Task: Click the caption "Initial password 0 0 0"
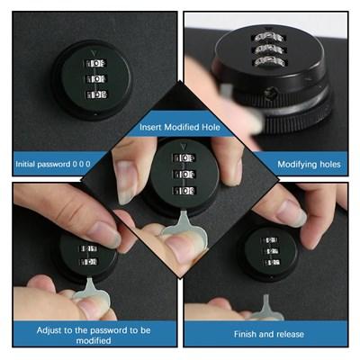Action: tap(53, 164)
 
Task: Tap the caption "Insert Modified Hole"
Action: tap(180, 127)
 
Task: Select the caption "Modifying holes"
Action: tap(309, 165)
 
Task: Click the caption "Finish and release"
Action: tap(269, 334)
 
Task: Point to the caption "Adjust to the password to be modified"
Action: tap(94, 336)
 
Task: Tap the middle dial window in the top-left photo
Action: tap(96, 79)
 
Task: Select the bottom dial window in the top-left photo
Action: tap(96, 94)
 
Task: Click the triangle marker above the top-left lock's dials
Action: tap(94, 53)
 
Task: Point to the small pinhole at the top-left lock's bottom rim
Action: tap(95, 114)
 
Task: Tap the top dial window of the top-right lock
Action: tap(269, 38)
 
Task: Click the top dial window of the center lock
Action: tap(184, 157)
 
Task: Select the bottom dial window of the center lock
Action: tap(184, 191)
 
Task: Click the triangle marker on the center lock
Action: tap(183, 147)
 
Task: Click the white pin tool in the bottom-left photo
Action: tap(89, 290)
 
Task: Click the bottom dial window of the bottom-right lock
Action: tap(272, 263)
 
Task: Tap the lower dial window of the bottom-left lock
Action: tap(88, 262)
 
